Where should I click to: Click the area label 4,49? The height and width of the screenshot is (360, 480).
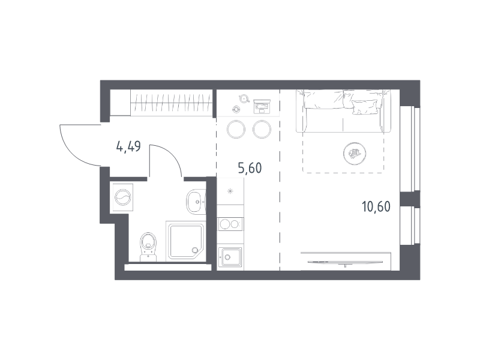click(128, 146)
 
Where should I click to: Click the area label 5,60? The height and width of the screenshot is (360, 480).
click(250, 168)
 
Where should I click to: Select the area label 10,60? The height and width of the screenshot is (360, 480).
click(376, 206)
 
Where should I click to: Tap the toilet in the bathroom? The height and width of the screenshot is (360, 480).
click(148, 247)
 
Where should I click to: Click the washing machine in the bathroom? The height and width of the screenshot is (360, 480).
click(123, 197)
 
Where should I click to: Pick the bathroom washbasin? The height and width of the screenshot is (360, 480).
click(196, 202)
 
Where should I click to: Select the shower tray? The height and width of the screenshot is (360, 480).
click(185, 241)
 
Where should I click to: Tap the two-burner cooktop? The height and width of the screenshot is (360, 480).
click(230, 224)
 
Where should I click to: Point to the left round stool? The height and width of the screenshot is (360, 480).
click(236, 129)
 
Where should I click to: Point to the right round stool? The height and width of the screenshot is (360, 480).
click(262, 129)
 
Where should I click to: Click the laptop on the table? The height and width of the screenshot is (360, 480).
click(262, 106)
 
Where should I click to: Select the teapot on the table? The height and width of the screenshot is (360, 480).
click(244, 98)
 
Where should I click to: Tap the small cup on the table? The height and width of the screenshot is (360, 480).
click(236, 109)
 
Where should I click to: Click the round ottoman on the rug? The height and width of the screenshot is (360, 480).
click(355, 154)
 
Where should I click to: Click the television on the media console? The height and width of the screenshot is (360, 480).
click(345, 263)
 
